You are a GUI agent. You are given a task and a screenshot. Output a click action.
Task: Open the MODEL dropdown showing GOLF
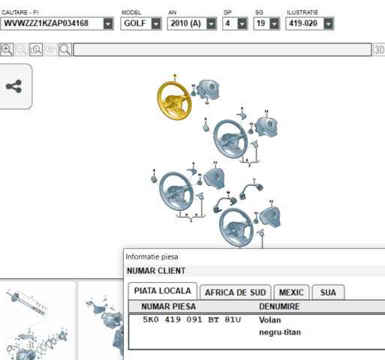coord(141,23)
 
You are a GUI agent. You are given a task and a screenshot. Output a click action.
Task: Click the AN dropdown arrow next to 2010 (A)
coord(212,24)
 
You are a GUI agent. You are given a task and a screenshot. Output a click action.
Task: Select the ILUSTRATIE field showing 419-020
coord(310,23)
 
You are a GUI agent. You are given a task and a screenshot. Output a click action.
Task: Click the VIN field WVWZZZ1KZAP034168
coord(57,23)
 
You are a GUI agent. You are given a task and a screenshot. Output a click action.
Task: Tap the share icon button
coord(14,86)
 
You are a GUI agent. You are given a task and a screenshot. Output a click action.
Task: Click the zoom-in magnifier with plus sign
coord(7,49)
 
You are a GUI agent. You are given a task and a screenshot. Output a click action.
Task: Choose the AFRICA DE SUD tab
coord(236,292)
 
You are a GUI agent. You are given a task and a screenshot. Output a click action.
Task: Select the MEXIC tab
coord(291,292)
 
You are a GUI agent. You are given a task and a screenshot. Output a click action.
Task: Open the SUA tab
coord(328,292)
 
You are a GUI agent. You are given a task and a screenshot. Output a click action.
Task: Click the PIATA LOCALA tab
coord(163,291)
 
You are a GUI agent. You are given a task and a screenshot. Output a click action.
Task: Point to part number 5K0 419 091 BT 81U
coord(192,319)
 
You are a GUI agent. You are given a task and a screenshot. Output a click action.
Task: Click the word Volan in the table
coord(270,319)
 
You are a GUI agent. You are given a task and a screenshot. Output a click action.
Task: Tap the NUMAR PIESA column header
coord(169,307)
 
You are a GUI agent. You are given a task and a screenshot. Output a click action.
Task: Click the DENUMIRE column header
coord(279,307)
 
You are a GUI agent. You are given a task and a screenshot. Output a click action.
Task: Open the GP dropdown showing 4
coord(235,23)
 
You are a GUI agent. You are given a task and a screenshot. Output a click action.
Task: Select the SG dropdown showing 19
coord(266,23)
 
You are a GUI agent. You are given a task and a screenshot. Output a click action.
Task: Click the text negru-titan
coord(280,332)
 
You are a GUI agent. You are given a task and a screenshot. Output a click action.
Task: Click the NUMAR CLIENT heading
coord(156,271)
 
